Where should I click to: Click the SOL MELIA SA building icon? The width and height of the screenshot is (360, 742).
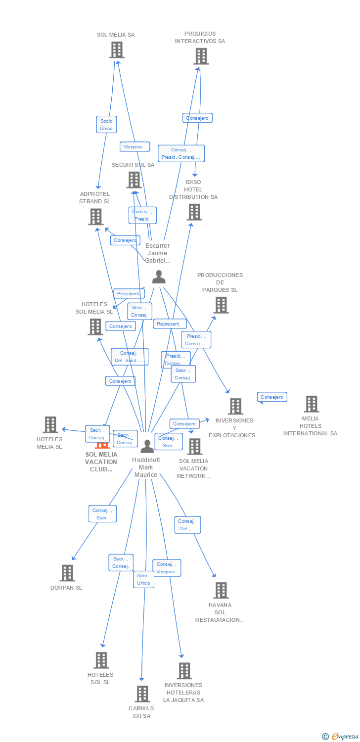coord(117,50)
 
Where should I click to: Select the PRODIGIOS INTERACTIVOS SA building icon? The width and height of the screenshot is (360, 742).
coord(201,56)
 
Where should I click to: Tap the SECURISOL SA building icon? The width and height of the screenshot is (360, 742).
coord(134,180)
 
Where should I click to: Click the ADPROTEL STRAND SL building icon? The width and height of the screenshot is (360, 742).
coord(95,217)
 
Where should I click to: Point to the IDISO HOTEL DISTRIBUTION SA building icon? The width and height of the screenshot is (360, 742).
coord(194,212)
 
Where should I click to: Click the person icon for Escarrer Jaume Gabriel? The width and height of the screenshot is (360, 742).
coord(159,277)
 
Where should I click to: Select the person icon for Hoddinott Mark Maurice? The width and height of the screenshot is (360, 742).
coord(147,446)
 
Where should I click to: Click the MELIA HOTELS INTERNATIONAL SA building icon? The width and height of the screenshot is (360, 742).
coord(311,404)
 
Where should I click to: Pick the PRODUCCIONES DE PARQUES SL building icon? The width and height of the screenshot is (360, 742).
coord(221,305)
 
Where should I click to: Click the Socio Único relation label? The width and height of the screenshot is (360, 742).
coord(106,125)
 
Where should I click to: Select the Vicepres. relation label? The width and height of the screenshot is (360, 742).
coord(135,146)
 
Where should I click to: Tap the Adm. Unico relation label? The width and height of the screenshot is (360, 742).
coord(143,579)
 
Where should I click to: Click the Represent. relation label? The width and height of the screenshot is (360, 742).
coord(170,324)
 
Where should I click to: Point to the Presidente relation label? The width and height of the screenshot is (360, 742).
coord(129,293)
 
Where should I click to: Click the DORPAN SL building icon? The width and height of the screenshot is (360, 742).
coord(67,573)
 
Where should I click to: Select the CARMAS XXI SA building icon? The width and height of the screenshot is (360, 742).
coord(142,694)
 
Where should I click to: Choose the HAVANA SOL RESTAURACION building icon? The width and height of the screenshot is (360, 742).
coord(221,590)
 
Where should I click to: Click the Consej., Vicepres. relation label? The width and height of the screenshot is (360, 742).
coord(167,568)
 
